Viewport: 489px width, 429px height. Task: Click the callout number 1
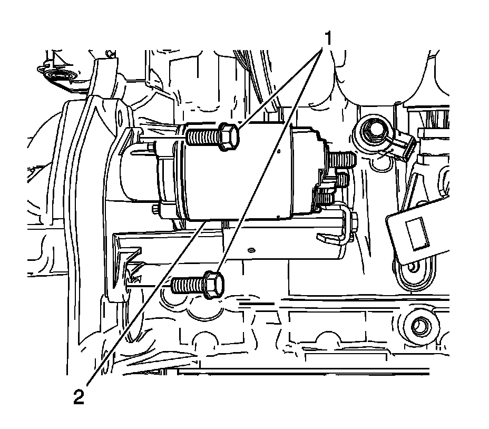tap(327, 38)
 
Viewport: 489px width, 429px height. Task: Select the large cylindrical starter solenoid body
tap(237, 174)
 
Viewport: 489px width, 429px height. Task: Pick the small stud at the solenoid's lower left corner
tap(156, 210)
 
